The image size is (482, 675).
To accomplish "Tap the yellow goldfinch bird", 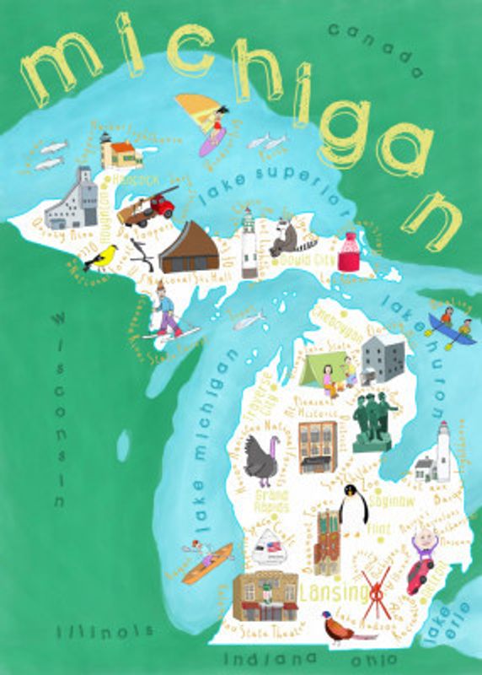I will tap(102, 256).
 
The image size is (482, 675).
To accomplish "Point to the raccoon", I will tap(283, 239).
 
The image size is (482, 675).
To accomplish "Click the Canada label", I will tap(374, 49).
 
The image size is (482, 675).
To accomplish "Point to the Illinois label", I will tap(105, 631).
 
